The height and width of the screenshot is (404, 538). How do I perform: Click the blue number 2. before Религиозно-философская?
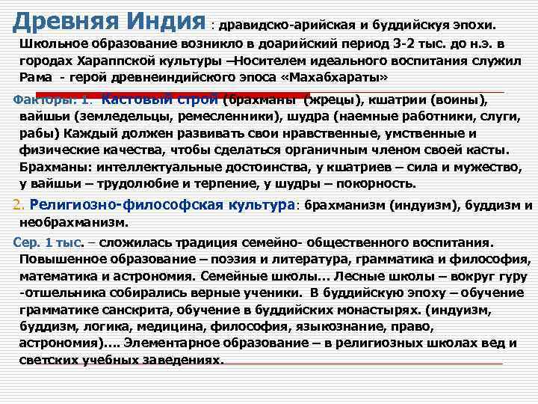coord(21,206)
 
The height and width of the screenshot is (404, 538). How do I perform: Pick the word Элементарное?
coord(169,345)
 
